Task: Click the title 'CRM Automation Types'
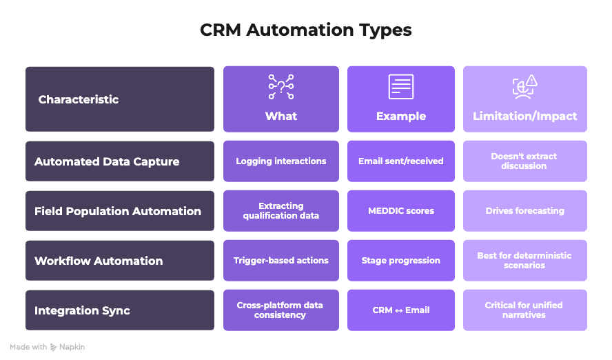coord(305,30)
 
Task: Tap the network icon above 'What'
coord(281,87)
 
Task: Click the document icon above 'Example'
coord(401,87)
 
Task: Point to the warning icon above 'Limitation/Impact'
coord(524,87)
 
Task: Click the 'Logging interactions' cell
coord(281,161)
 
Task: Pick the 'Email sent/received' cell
coord(401,161)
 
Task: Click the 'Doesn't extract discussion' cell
coord(524,161)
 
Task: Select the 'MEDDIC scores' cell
coord(401,211)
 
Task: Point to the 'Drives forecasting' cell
coord(524,211)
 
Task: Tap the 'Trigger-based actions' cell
coord(281,261)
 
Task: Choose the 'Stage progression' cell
coord(401,261)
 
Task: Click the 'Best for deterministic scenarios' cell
coord(524,261)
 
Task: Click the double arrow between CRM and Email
coord(399,310)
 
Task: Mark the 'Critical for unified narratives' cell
coord(524,310)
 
